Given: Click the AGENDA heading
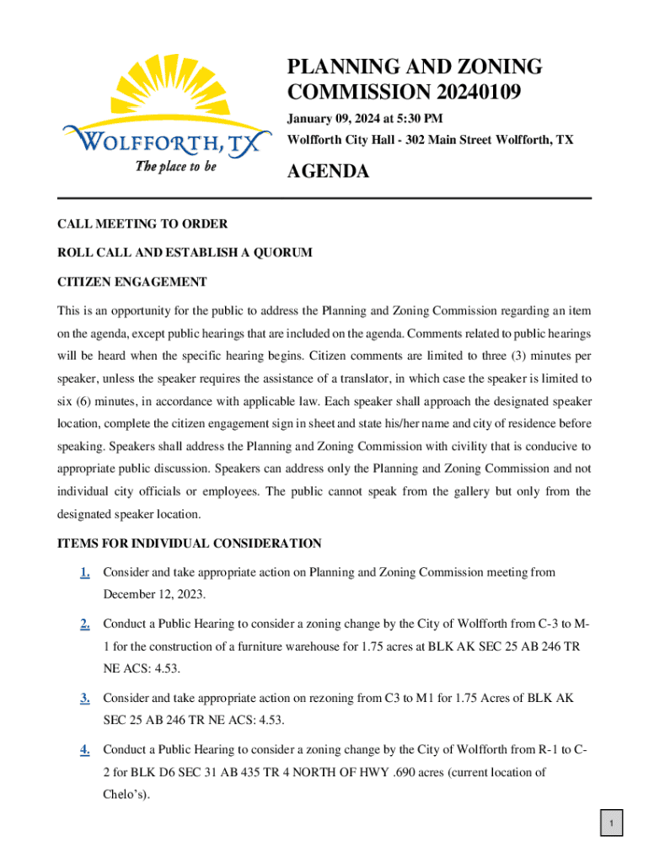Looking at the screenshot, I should click(328, 172).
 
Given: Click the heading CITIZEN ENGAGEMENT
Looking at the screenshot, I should click(131, 281).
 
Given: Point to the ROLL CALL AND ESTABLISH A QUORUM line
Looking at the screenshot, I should click(185, 252).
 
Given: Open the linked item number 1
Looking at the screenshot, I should click(85, 573).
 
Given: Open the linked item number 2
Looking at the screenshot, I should click(85, 624).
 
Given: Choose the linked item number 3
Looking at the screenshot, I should click(85, 698).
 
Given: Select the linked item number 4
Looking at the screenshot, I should click(85, 749).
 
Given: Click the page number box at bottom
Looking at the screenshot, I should click(612, 823).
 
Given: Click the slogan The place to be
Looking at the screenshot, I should click(176, 167).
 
